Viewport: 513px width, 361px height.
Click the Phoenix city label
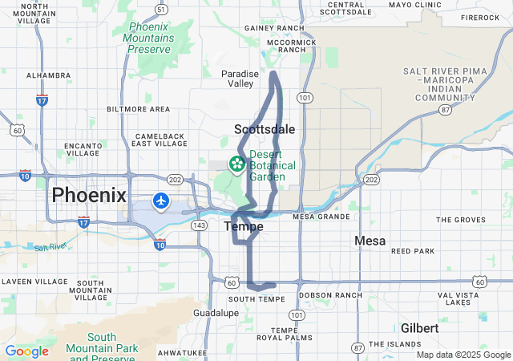(x=89, y=195)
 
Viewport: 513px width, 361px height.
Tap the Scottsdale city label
(x=265, y=129)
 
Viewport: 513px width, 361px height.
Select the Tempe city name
(x=243, y=227)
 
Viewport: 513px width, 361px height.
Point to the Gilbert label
(x=420, y=329)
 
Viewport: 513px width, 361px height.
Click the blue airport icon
(x=161, y=200)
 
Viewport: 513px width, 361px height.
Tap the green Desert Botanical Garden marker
(x=237, y=165)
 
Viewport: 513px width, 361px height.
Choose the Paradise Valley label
(x=240, y=78)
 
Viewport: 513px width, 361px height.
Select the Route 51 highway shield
(x=163, y=10)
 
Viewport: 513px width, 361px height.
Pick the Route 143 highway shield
(x=200, y=225)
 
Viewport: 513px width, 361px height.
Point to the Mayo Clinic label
(x=415, y=5)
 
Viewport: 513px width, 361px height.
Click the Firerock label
(x=480, y=17)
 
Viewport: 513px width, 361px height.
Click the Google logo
(x=26, y=351)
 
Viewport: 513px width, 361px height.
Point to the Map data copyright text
(x=463, y=355)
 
